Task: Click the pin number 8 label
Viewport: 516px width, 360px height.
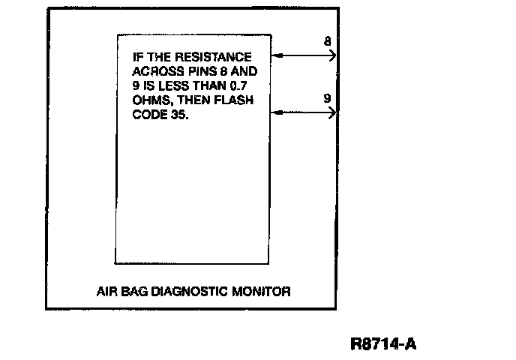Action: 328,41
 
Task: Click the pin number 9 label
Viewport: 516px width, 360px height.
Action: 328,98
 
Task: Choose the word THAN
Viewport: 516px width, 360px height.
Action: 215,86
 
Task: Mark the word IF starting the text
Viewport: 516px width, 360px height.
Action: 137,58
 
